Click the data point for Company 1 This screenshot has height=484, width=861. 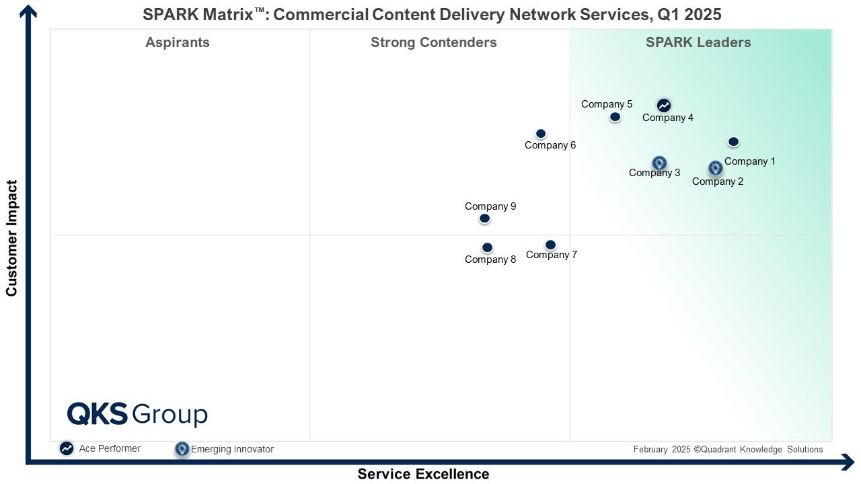(x=733, y=142)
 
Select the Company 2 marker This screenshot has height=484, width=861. (x=715, y=168)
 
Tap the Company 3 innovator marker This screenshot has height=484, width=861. (x=660, y=163)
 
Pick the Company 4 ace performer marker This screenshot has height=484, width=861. (x=664, y=105)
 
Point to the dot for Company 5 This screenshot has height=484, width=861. (x=615, y=117)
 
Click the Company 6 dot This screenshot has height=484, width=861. (x=541, y=134)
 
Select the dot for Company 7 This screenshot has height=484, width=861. (x=550, y=245)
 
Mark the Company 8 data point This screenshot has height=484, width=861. (x=488, y=248)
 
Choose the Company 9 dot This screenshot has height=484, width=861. (x=485, y=218)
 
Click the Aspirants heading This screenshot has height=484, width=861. (x=178, y=42)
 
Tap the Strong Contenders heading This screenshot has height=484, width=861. (x=434, y=42)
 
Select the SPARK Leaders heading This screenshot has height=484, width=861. (x=698, y=42)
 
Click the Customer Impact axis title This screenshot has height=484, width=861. (x=11, y=238)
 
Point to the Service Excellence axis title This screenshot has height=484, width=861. (x=424, y=474)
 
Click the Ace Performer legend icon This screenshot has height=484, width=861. (x=67, y=448)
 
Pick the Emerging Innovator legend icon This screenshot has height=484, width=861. (x=182, y=449)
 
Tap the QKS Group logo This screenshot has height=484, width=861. (x=138, y=414)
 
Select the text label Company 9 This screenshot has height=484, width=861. (x=490, y=206)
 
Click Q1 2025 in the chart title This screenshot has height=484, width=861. (x=689, y=15)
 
